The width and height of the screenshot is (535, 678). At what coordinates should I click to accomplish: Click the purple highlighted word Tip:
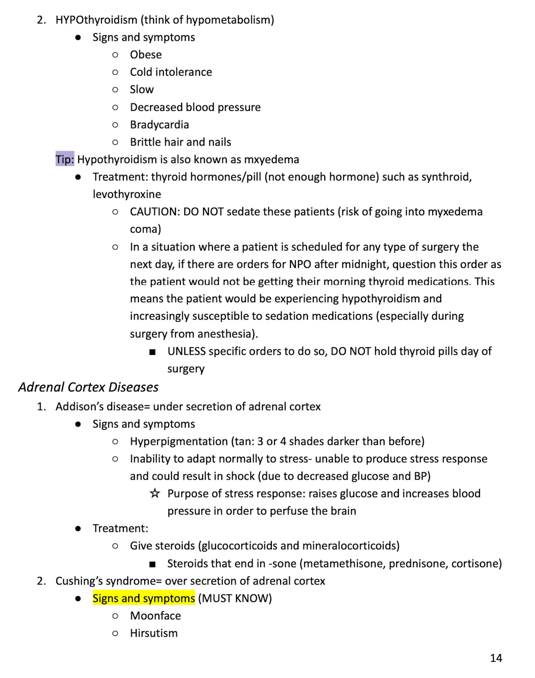coord(65,159)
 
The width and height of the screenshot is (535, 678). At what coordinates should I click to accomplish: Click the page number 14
coord(496,658)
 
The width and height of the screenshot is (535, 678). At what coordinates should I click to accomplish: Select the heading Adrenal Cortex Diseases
coord(88,387)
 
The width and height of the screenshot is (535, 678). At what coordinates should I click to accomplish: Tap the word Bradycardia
coord(159,124)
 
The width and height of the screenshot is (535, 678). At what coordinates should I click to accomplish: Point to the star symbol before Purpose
coord(154,493)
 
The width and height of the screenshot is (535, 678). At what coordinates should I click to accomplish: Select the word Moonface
coord(155,616)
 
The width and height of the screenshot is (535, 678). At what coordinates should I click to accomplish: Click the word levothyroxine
coord(127,194)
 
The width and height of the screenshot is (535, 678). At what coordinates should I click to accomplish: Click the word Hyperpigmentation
coord(179,441)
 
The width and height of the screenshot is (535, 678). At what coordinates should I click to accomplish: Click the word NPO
coord(300,264)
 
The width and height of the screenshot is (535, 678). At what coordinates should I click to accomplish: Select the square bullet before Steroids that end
coord(152,564)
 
